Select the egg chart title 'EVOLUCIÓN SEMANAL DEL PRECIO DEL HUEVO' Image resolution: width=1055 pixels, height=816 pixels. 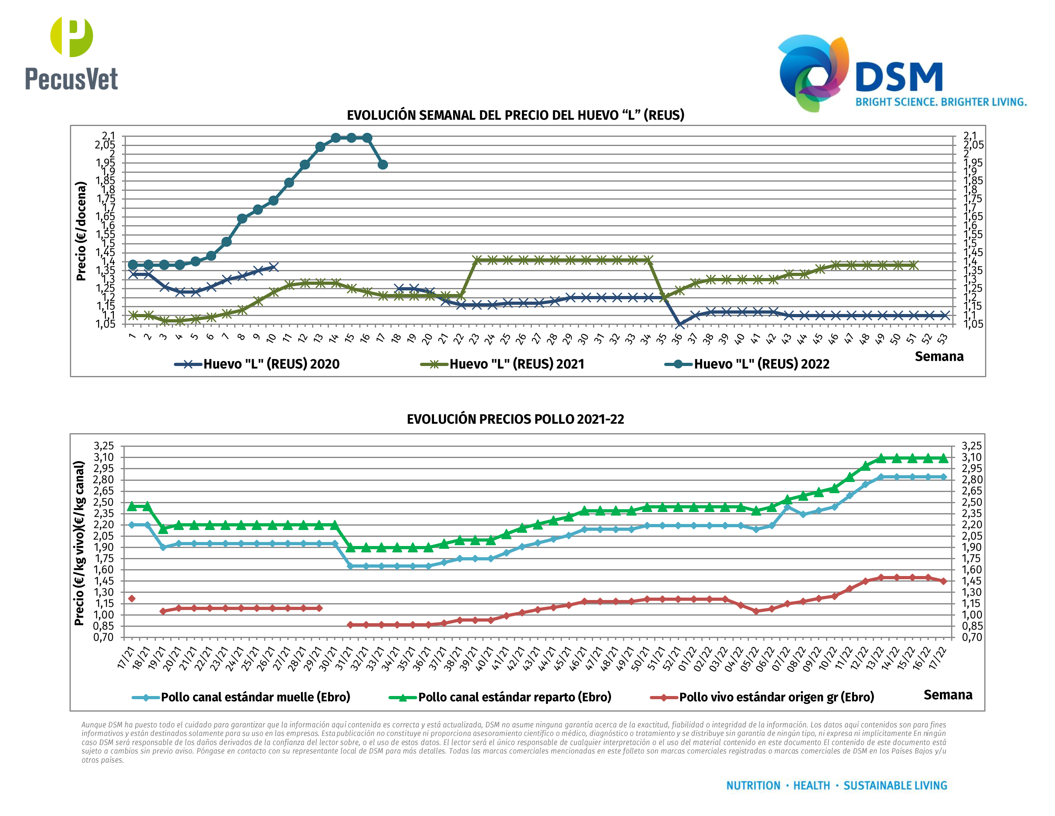tap(515, 115)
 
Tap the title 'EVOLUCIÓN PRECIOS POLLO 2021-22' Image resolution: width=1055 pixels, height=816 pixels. tap(515, 419)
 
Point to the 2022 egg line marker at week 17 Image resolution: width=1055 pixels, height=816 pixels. tap(382, 165)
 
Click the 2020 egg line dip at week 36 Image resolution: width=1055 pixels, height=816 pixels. tap(679, 324)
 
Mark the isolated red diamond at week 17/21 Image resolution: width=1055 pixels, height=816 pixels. tap(131, 598)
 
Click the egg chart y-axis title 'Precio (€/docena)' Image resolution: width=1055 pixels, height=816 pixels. tap(81, 231)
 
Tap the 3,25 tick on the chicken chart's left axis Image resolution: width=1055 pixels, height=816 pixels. tap(104, 446)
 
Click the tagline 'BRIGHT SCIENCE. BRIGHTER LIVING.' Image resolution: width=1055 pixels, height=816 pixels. tap(941, 102)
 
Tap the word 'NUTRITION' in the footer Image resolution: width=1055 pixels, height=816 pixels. tap(753, 786)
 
